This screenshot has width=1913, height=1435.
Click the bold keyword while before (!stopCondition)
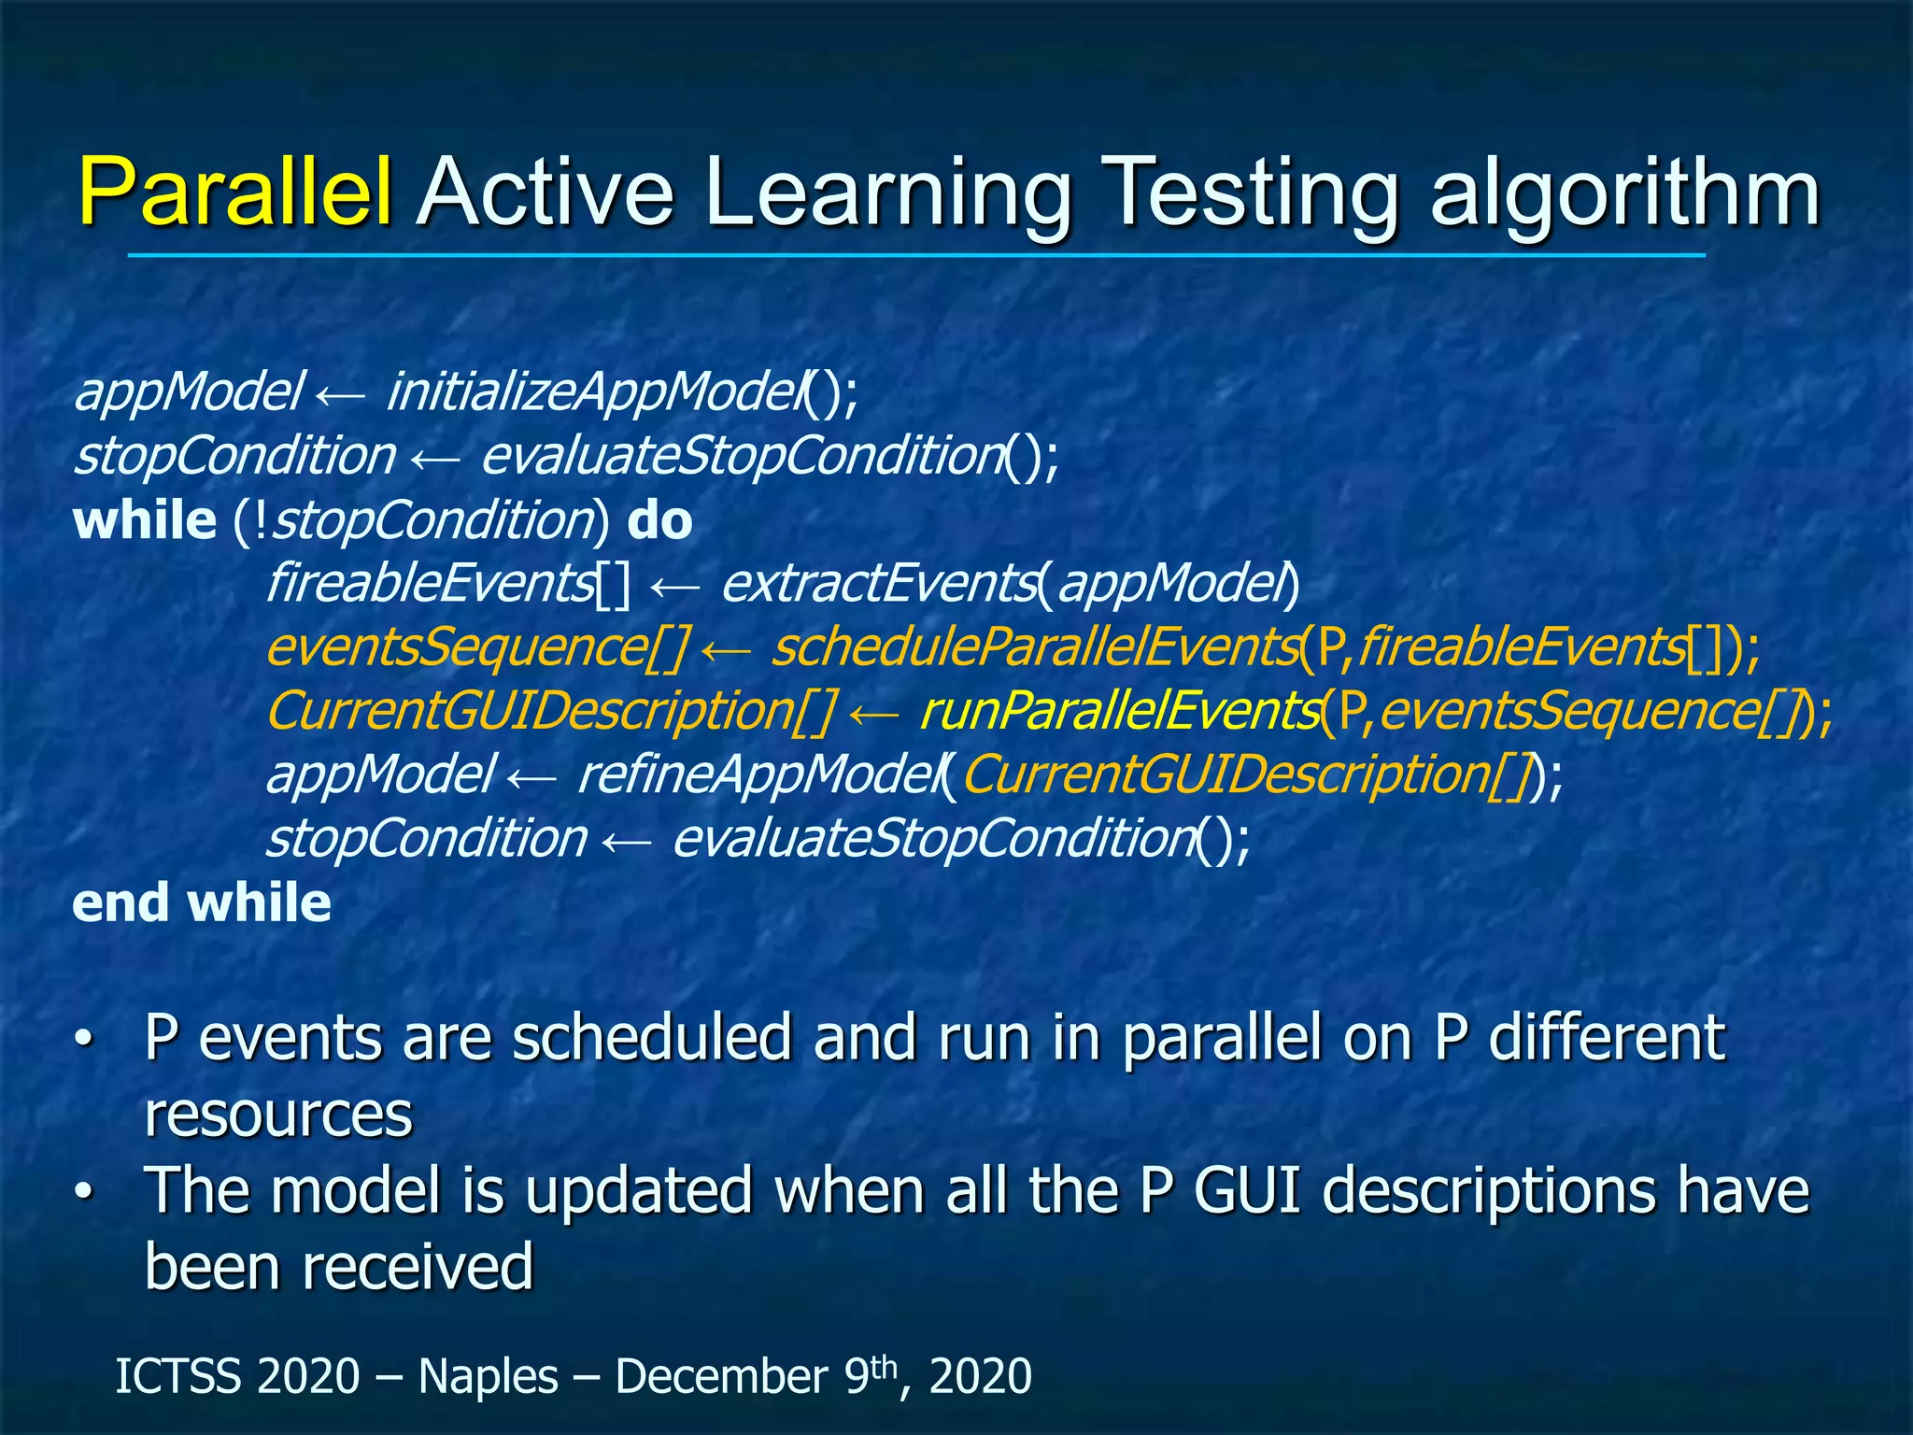coord(145,520)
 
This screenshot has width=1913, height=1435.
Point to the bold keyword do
coord(659,520)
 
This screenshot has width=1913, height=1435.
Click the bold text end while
coord(202,903)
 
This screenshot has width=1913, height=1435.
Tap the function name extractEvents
coord(878,585)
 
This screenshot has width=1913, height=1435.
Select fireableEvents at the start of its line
coord(431,585)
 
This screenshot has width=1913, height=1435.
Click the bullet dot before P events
coord(84,1040)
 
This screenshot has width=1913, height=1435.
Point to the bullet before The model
coord(84,1192)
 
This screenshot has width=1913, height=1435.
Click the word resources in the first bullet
coord(278,1115)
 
